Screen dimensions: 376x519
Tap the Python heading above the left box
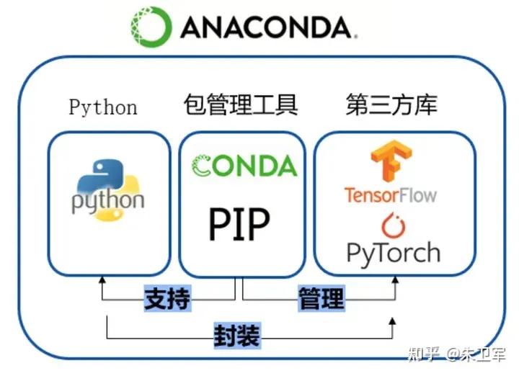[x=103, y=107]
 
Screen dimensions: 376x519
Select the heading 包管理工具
[x=240, y=106]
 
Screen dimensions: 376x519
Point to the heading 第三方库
[x=391, y=106]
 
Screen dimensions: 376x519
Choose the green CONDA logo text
[x=244, y=166]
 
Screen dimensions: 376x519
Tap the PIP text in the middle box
[x=239, y=224]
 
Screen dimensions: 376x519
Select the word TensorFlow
[x=390, y=194]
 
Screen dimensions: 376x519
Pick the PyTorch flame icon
[x=393, y=225]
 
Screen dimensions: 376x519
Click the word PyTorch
[x=393, y=253]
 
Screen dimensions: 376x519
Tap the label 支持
[x=167, y=298]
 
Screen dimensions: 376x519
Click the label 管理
[x=321, y=298]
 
